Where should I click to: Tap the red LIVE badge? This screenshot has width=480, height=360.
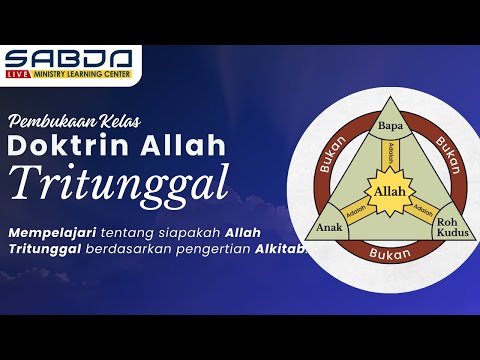pos(15,73)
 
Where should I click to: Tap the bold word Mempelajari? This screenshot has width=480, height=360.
pos(52,232)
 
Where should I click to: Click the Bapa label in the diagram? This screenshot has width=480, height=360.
pos(388,127)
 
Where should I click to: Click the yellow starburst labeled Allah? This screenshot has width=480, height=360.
pos(388,191)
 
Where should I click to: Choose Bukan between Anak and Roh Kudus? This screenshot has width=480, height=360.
pos(388,254)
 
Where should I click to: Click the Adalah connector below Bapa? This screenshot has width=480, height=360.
pos(388,155)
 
